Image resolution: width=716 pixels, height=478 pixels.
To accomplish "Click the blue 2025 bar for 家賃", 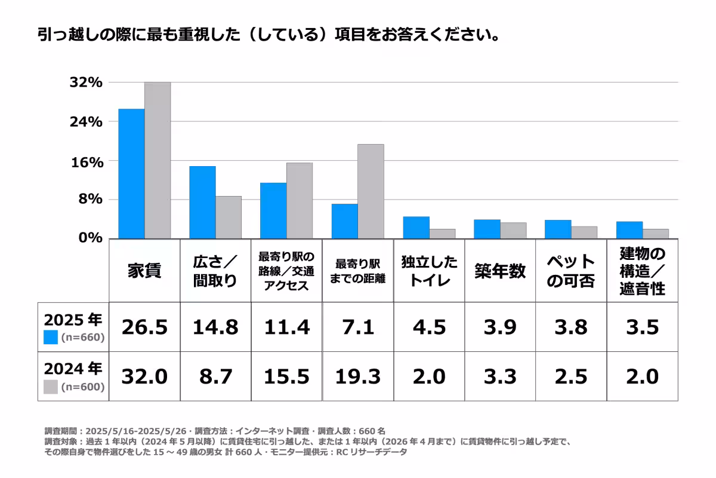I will click(131, 173).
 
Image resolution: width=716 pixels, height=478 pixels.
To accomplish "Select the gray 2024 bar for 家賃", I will click(158, 160).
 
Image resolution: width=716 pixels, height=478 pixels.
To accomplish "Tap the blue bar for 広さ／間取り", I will click(202, 202).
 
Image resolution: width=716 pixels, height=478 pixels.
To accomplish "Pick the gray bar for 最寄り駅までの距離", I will click(371, 191).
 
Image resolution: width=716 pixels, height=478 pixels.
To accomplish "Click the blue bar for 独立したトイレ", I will click(416, 227).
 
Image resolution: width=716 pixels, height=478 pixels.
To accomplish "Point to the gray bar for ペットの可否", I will click(584, 232).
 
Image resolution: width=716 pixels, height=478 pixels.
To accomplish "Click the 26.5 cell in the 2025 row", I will click(144, 327).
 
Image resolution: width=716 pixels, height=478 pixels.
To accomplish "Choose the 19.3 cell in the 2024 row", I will click(357, 376).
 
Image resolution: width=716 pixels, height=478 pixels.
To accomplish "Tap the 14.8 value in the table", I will click(215, 327).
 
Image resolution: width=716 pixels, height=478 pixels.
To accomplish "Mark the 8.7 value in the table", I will click(215, 376).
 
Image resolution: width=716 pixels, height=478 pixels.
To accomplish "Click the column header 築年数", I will click(500, 271).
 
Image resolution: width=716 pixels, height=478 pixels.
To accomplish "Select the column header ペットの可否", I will click(571, 271).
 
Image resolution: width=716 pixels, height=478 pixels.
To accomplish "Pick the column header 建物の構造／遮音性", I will click(642, 271).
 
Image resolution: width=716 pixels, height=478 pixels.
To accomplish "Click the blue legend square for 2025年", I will click(51, 338).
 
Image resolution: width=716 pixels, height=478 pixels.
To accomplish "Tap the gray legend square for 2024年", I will click(51, 387).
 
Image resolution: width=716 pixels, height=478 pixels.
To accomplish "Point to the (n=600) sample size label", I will click(83, 387).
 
